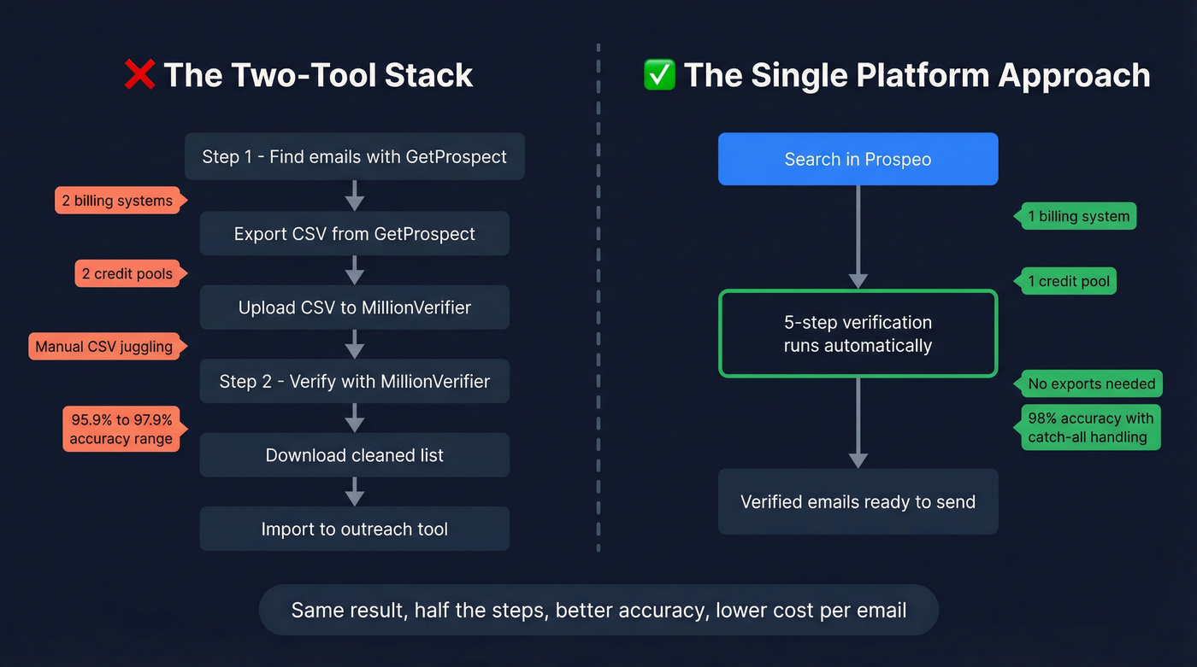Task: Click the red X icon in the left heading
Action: (139, 74)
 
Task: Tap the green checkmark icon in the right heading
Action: (659, 74)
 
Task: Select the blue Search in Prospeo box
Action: (858, 159)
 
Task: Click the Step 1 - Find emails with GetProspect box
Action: (354, 156)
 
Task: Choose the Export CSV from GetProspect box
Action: (354, 234)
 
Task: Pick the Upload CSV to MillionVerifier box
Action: (354, 307)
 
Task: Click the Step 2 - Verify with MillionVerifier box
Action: (354, 381)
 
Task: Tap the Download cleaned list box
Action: (354, 455)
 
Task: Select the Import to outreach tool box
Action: (354, 529)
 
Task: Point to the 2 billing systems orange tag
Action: (117, 201)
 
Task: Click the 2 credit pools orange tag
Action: (127, 274)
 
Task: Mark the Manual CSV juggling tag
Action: (103, 347)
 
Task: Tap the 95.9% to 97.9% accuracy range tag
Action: (121, 429)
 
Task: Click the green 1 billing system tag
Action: (1078, 216)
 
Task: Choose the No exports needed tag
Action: (1091, 383)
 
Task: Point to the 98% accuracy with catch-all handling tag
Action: (1090, 427)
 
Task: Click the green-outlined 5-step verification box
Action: (858, 334)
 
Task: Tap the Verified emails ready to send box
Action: (858, 501)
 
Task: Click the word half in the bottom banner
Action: (433, 610)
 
